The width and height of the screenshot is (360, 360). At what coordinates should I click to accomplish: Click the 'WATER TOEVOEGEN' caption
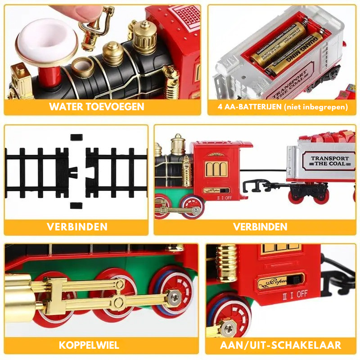[x=97, y=107]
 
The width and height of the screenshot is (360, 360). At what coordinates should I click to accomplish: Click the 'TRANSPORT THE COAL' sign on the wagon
[x=330, y=161]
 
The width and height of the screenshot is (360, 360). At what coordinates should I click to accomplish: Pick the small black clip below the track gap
[x=76, y=205]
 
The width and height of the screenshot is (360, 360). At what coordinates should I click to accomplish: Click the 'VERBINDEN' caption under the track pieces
[x=77, y=226]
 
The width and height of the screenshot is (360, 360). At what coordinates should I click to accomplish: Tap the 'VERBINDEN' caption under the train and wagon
[x=260, y=226]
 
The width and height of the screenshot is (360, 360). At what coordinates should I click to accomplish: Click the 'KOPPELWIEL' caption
[x=89, y=345]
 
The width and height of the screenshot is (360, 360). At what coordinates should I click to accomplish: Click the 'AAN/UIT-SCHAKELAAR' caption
[x=281, y=345]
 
